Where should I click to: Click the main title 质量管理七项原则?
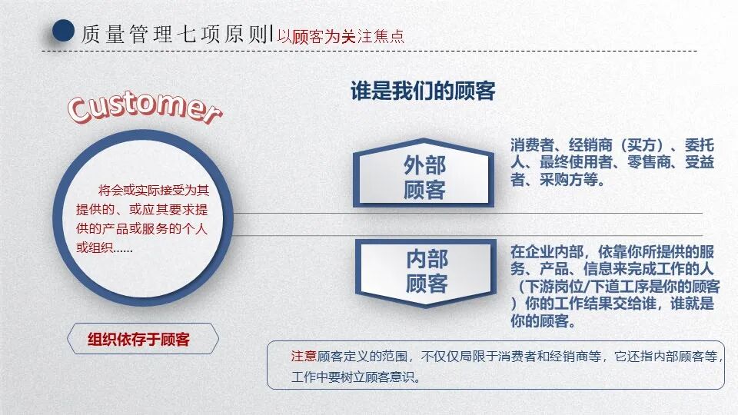click(x=174, y=33)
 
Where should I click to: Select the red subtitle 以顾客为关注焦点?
click(x=341, y=36)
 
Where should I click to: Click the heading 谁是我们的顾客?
click(x=423, y=91)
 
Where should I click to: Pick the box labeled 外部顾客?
click(x=424, y=178)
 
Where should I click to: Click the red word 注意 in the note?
click(x=304, y=356)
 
